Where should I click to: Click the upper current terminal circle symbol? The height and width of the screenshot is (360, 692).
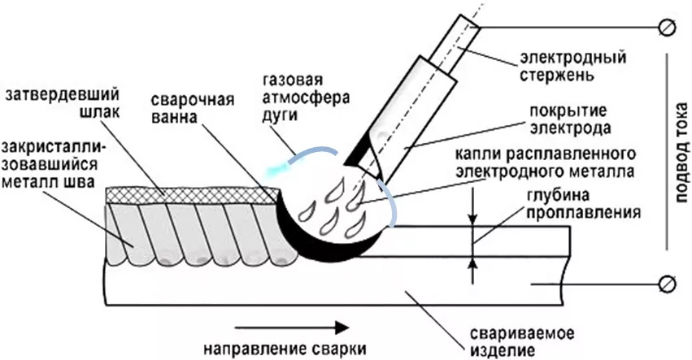point(668,28)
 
